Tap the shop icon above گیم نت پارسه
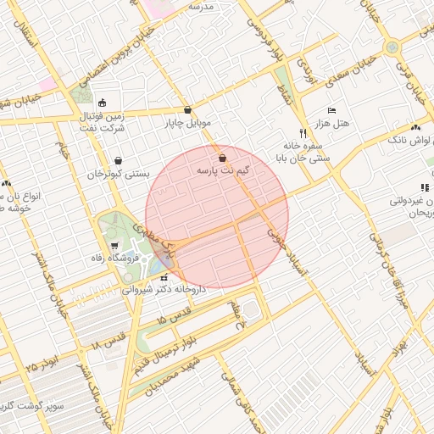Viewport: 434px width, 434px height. [222, 158]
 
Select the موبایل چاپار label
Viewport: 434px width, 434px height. [186, 124]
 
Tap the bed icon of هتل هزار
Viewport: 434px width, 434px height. [331, 111]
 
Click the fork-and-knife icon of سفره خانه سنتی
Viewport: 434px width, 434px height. [303, 133]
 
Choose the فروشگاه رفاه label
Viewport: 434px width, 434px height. [98, 257]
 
